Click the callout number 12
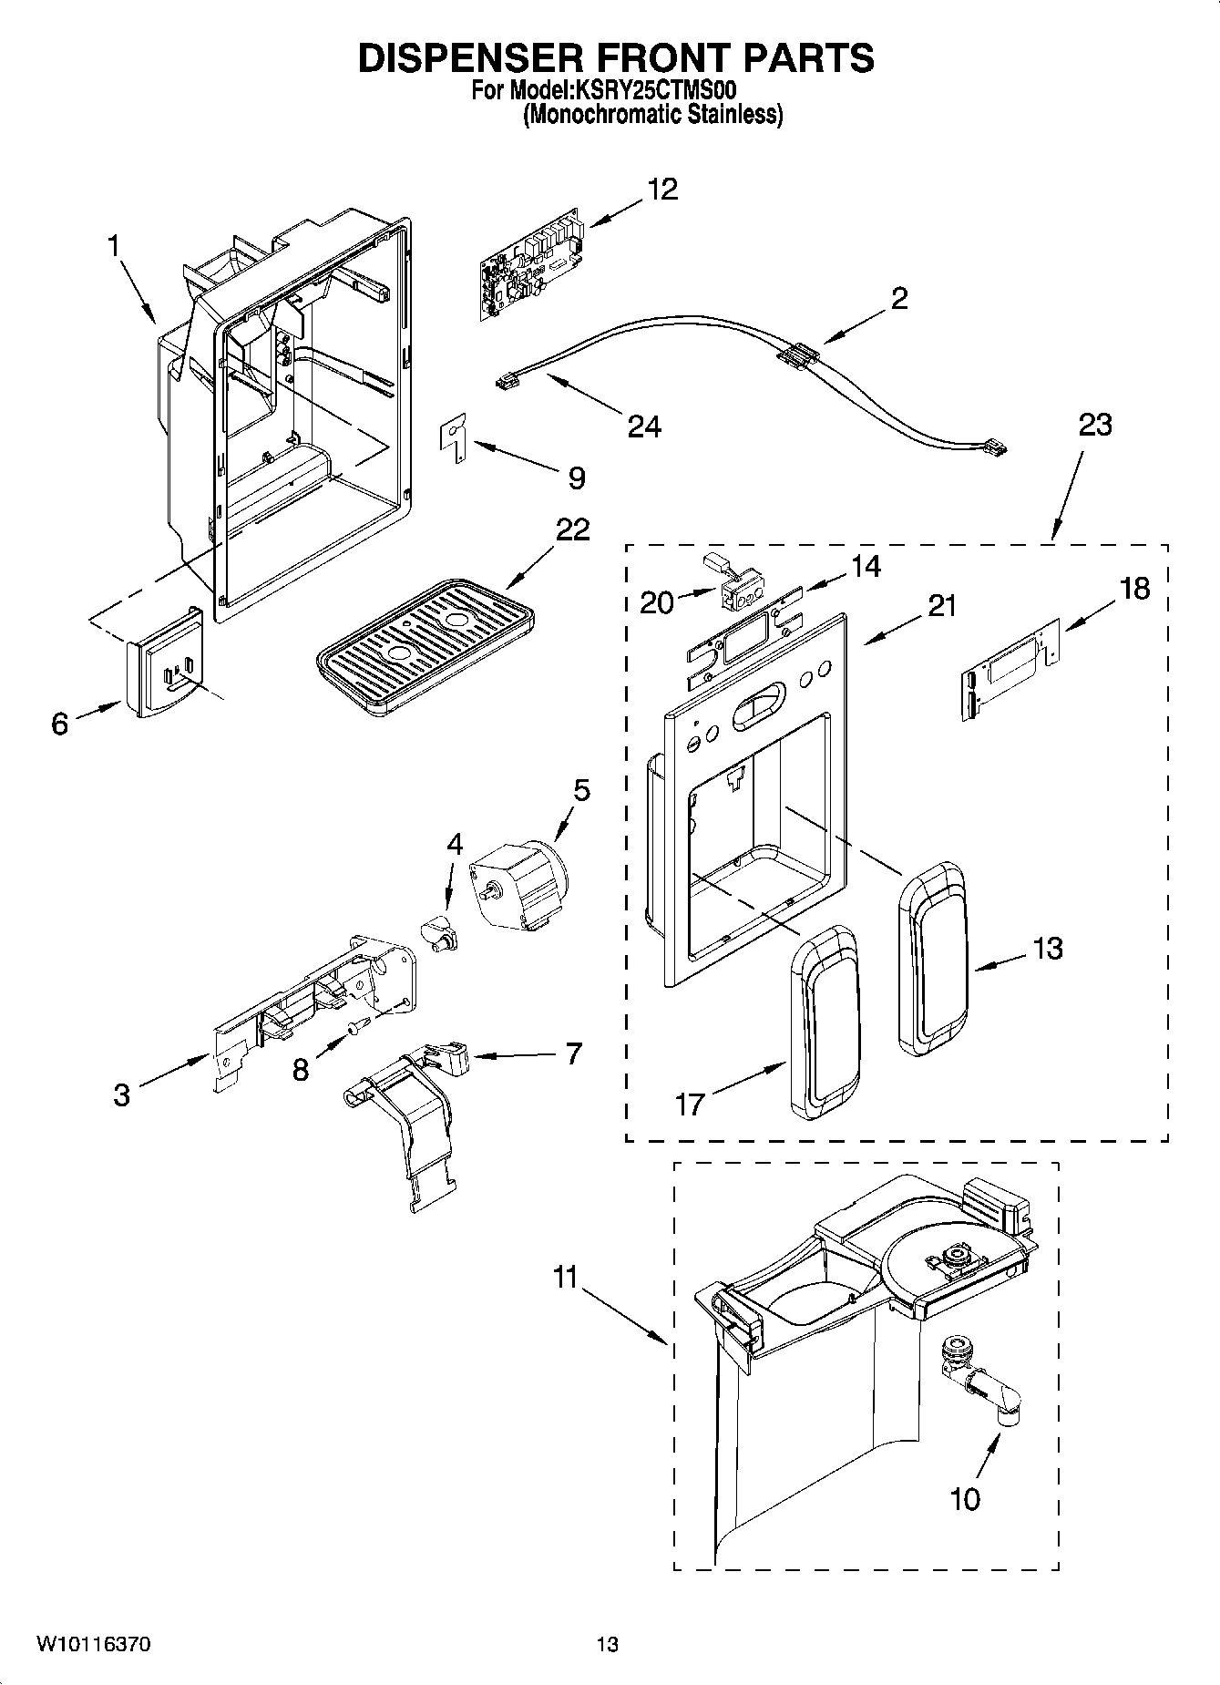tap(662, 190)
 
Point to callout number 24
tap(644, 426)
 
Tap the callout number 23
tap(1095, 425)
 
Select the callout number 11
tap(566, 1277)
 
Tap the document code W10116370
tap(94, 1645)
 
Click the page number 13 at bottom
tap(608, 1645)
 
